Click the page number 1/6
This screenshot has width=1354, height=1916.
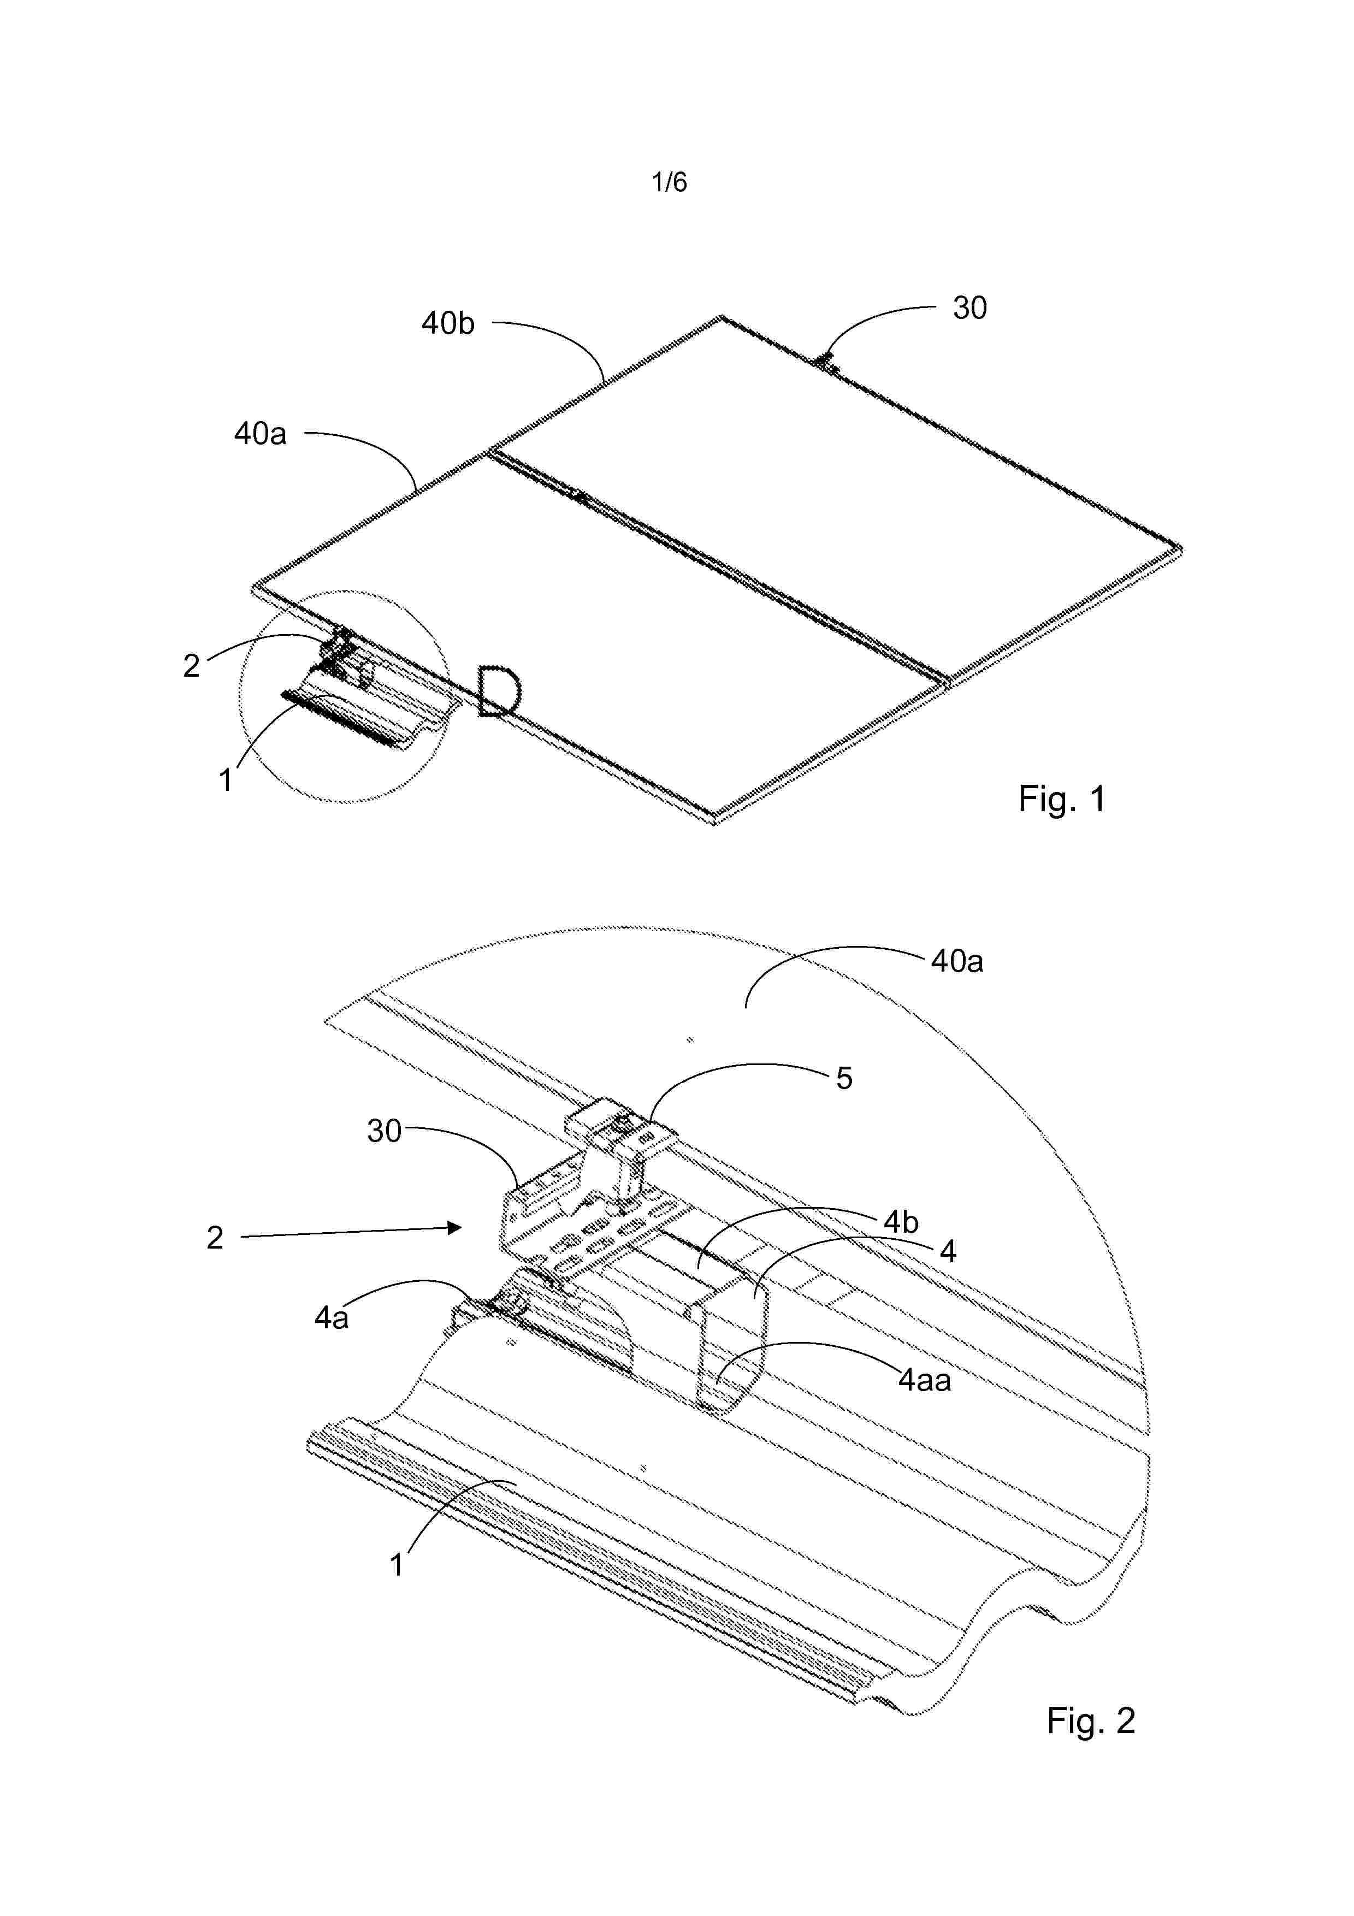click(669, 182)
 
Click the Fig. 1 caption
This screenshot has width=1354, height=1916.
click(1061, 799)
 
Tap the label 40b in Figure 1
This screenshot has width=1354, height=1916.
click(448, 323)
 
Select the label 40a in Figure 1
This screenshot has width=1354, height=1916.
click(261, 433)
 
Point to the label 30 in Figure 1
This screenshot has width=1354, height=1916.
click(969, 308)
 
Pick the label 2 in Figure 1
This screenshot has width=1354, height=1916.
click(192, 665)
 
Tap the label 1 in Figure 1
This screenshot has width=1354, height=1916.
click(224, 780)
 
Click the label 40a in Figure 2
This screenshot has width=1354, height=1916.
click(957, 961)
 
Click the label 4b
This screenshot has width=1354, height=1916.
click(901, 1222)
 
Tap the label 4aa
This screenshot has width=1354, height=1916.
click(924, 1380)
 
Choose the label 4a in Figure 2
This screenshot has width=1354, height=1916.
click(331, 1318)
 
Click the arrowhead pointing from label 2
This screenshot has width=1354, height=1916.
click(454, 1228)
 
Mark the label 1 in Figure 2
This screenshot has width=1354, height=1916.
click(397, 1565)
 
